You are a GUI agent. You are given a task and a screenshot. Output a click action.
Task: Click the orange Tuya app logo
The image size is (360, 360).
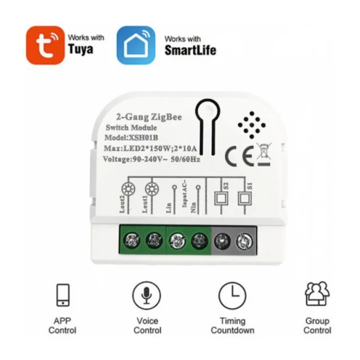pos(46,46)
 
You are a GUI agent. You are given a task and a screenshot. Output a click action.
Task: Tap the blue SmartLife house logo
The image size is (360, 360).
pos(136,45)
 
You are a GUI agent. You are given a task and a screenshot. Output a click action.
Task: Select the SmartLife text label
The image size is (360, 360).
pos(190,51)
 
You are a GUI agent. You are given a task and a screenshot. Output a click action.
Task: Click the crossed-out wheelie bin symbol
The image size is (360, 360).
pos(263,154)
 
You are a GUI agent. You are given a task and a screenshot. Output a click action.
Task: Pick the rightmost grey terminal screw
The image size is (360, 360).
pos(244,241)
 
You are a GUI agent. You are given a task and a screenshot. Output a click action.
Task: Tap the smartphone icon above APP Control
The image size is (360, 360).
pos(62,294)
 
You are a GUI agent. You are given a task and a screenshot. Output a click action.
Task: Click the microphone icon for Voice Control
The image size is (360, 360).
pos(145,295)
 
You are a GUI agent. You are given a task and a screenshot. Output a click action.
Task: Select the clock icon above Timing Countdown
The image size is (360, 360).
pos(232,295)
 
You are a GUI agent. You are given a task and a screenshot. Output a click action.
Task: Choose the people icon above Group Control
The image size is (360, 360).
pos(317,294)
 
